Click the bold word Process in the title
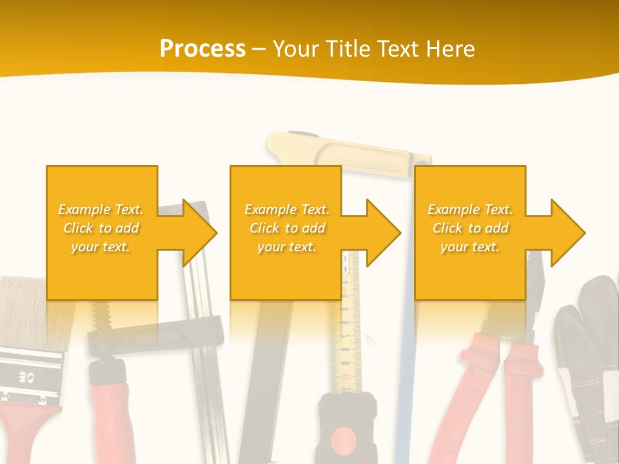[x=202, y=49]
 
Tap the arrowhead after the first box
[x=200, y=233]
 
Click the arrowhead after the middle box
[x=384, y=233]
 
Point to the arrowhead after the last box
[x=567, y=233]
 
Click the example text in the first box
[x=101, y=228]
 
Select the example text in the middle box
[x=286, y=228]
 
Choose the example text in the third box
[x=470, y=228]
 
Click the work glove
[x=587, y=361]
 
